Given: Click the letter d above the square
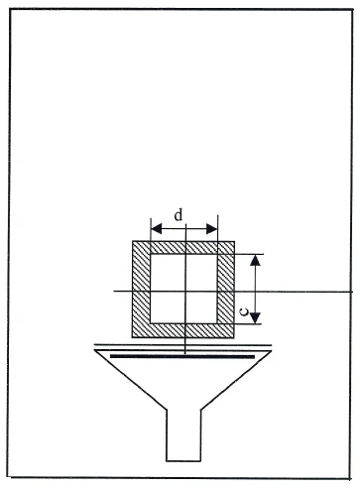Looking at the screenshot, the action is [x=179, y=214].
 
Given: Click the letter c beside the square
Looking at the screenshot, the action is [x=244, y=309].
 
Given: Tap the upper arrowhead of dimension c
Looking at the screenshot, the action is [x=256, y=261].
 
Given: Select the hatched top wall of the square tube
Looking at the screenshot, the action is [x=184, y=245].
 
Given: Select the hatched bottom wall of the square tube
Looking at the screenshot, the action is [x=184, y=330].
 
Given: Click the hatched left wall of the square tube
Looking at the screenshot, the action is [x=140, y=290].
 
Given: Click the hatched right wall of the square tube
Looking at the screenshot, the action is [x=228, y=290].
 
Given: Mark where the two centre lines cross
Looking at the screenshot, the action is [x=185, y=292].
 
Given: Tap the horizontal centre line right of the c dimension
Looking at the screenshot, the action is [x=307, y=292].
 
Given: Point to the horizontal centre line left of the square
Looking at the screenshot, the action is [x=123, y=292].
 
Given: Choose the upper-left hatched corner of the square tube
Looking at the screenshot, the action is [x=140, y=245].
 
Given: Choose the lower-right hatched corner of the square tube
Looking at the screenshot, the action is [x=228, y=330].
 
